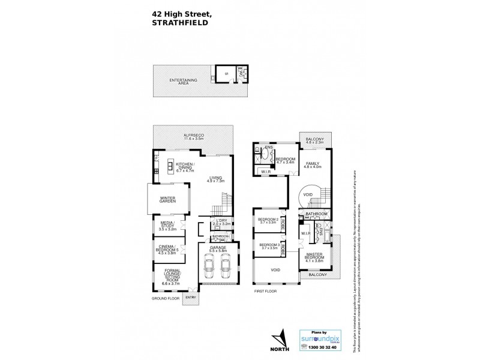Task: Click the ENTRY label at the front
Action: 191,297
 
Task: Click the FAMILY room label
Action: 313,165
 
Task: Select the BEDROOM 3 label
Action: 268,244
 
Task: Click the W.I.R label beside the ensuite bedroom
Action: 265,173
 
